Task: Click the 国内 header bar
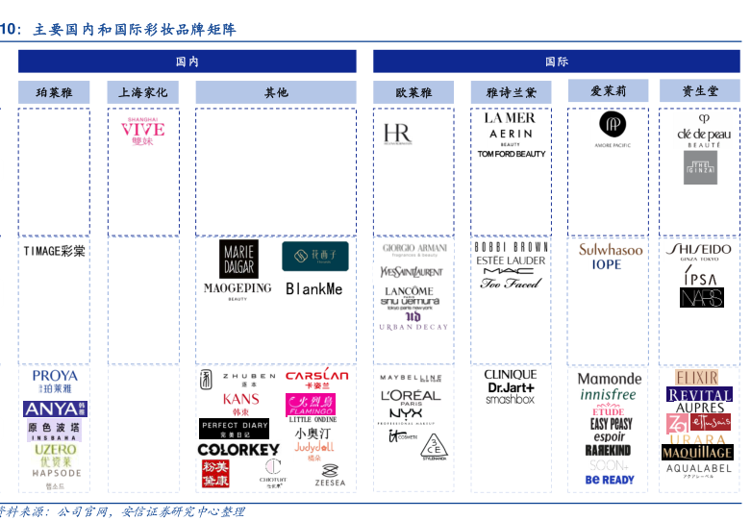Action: (x=187, y=62)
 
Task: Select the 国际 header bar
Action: (x=557, y=62)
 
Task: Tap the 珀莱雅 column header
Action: (x=53, y=92)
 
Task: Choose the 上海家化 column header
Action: (x=142, y=92)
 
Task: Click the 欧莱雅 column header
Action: (x=413, y=92)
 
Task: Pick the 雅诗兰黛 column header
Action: (x=512, y=92)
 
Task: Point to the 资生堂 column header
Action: (x=700, y=91)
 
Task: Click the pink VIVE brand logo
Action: (x=142, y=132)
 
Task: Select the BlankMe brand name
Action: (x=314, y=288)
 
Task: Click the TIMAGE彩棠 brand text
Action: (x=54, y=251)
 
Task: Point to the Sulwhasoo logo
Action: (x=611, y=250)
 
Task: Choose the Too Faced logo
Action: (x=511, y=284)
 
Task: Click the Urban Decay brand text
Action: (x=413, y=328)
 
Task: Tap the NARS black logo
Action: (x=701, y=298)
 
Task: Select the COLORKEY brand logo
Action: (x=238, y=449)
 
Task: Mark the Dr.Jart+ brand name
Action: (x=511, y=387)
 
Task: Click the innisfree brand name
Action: (x=609, y=395)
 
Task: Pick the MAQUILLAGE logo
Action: (x=697, y=452)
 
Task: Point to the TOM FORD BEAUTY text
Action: (x=512, y=154)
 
